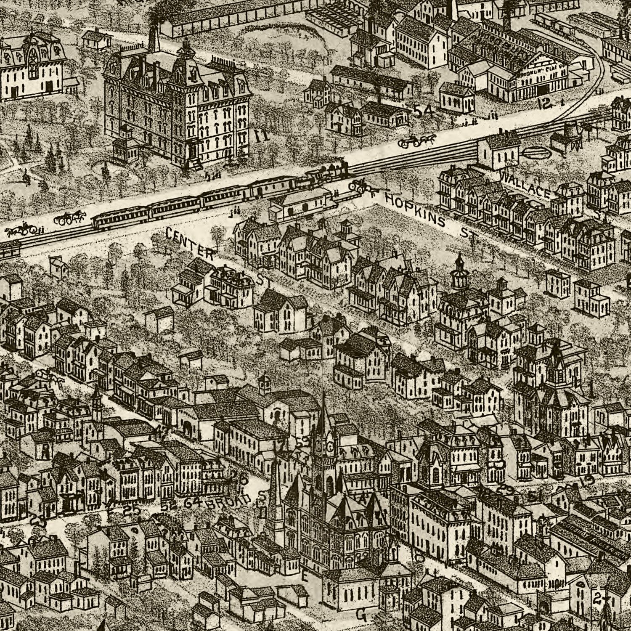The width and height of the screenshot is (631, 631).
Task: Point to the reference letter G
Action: (361, 615)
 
